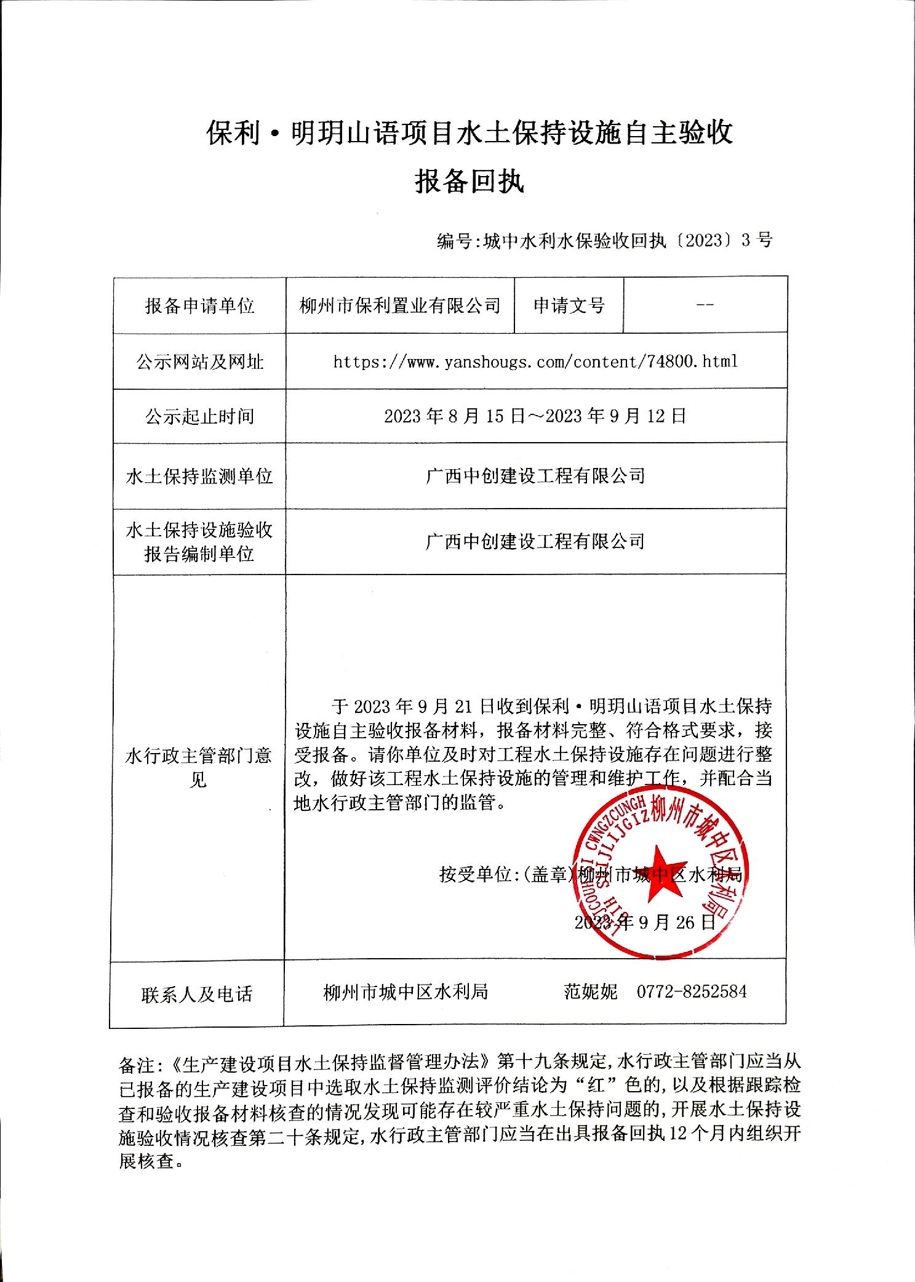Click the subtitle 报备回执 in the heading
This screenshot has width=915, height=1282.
(469, 182)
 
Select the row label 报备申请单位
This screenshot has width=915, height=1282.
(199, 306)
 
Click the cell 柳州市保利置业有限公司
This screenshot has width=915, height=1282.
(400, 306)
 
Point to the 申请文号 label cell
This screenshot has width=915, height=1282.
(569, 305)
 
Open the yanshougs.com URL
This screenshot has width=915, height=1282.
(535, 361)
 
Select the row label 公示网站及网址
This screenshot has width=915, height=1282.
(199, 362)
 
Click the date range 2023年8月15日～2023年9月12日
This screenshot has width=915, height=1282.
(535, 416)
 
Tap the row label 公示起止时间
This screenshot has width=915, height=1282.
(199, 417)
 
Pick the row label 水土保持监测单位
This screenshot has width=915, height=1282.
(199, 476)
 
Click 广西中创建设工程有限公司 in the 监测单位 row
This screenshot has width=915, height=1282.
(535, 476)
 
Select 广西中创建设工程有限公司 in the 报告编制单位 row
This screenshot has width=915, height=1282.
(535, 541)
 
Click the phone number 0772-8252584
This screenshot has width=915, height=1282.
(692, 991)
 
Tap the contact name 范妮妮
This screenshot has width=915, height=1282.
(591, 991)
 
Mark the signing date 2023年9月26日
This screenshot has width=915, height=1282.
(645, 922)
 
